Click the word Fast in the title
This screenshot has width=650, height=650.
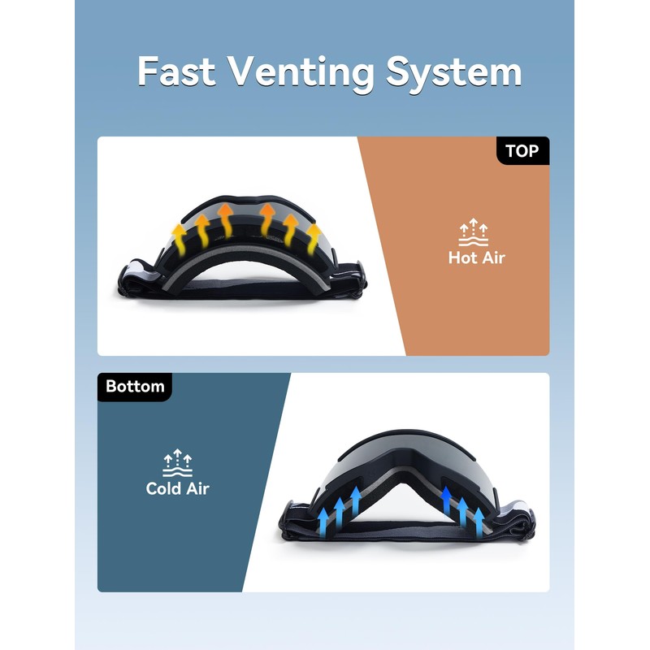click(178, 71)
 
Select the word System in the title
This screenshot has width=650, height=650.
click(453, 71)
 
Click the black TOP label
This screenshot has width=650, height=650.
click(522, 151)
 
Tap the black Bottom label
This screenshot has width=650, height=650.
click(135, 386)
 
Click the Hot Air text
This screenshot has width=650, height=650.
click(476, 258)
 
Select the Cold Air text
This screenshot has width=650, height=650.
click(177, 488)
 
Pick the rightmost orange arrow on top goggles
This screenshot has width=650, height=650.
click(313, 238)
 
